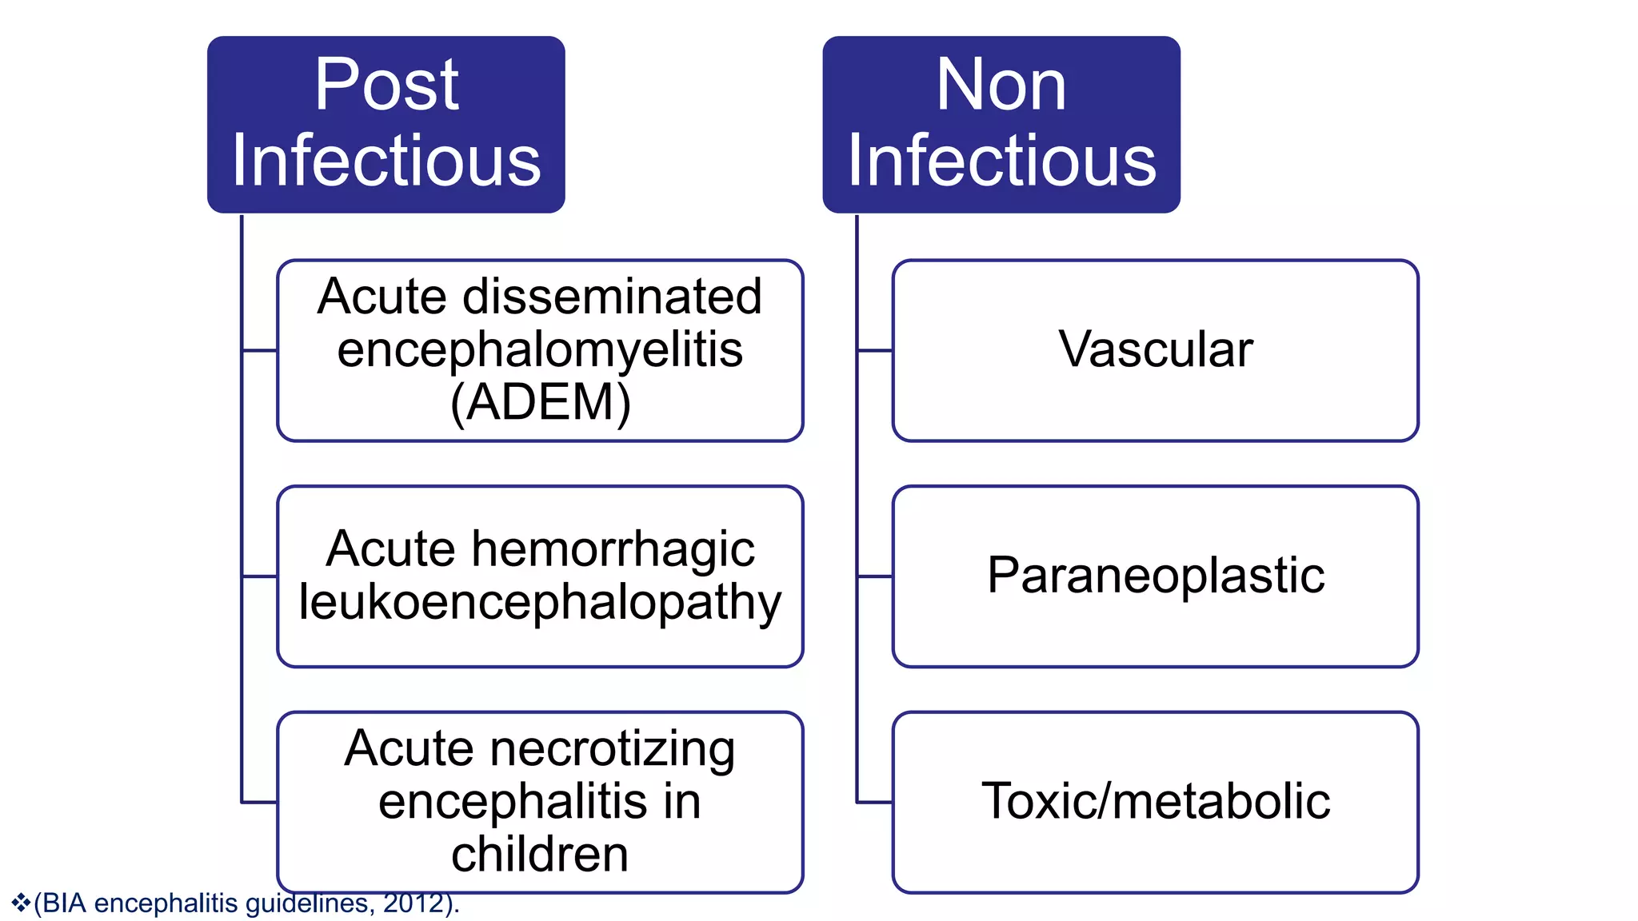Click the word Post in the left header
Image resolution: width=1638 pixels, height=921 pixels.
click(x=386, y=85)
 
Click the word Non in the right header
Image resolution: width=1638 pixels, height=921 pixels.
click(x=1001, y=85)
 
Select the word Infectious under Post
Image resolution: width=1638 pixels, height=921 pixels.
click(x=386, y=161)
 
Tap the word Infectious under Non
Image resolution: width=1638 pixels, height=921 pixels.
click(x=1001, y=161)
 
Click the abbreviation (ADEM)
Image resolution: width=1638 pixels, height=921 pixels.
click(x=541, y=402)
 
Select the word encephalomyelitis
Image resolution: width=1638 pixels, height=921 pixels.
click(x=540, y=349)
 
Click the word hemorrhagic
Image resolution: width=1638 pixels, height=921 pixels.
click(x=613, y=549)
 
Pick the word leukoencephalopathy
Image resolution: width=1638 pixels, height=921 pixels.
click(x=540, y=602)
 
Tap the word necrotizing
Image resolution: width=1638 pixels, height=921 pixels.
click(x=612, y=749)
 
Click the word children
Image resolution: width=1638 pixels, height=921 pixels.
click(x=540, y=854)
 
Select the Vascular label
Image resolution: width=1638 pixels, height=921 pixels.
click(x=1156, y=349)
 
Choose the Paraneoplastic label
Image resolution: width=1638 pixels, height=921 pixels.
click(x=1156, y=575)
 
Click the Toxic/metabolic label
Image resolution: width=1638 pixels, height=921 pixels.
click(x=1156, y=801)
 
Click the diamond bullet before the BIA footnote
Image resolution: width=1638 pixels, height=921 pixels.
click(x=21, y=903)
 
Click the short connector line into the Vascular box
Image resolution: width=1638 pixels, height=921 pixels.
click(x=874, y=350)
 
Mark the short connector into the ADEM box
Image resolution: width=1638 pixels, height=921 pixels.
click(x=259, y=350)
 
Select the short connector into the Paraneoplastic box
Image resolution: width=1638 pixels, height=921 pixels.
click(x=874, y=576)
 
